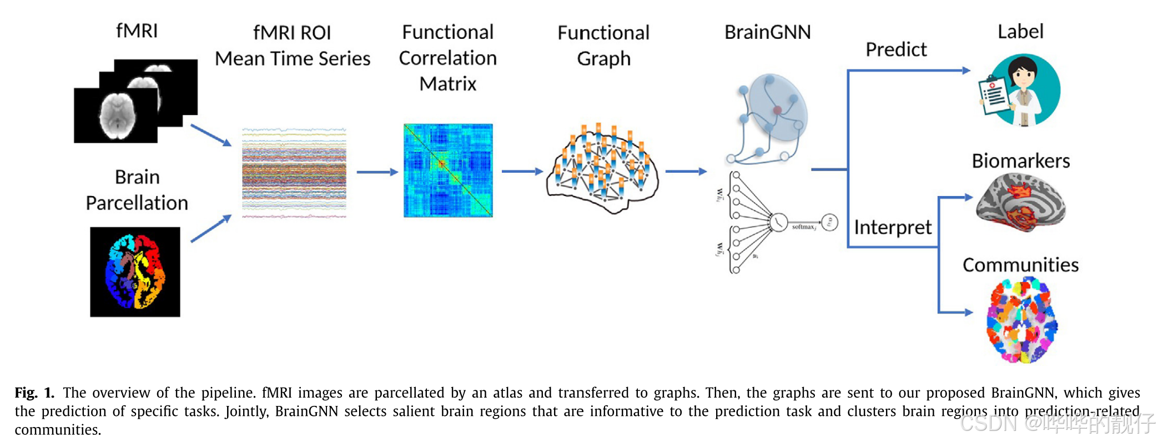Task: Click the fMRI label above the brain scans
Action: pos(137,31)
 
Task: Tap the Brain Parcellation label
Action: pos(137,190)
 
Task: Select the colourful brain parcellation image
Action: pos(135,272)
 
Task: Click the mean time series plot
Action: pos(294,173)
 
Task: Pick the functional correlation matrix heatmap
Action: pos(448,170)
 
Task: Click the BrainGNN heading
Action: pos(767,32)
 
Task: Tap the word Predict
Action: pos(896,50)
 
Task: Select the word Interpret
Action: pos(892,227)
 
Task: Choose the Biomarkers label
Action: pos(1020,161)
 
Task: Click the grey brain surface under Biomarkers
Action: pos(1020,203)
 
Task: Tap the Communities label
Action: pos(1020,265)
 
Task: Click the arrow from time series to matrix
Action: pos(377,172)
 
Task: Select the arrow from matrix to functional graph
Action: pos(522,172)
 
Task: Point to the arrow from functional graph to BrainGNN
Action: pos(686,172)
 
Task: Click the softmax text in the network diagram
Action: pos(803,227)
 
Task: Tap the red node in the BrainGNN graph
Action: pos(777,110)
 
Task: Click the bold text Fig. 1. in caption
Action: pos(34,393)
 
